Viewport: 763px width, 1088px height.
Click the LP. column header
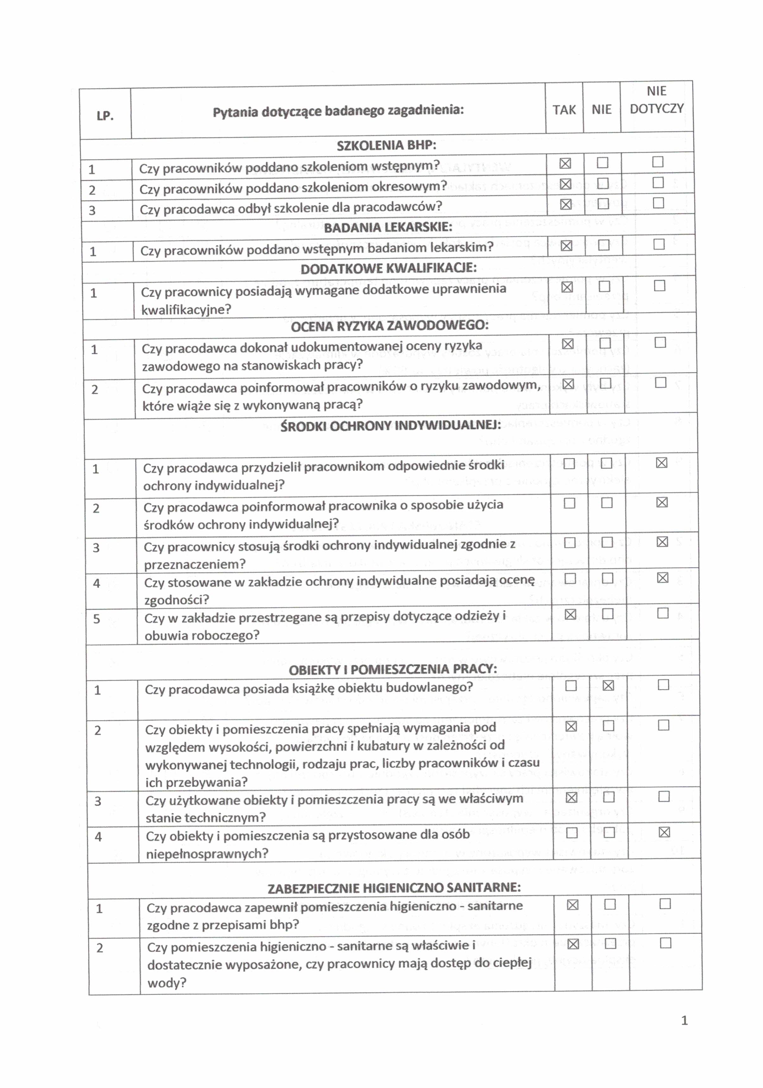(x=105, y=116)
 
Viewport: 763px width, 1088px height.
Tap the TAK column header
(x=564, y=110)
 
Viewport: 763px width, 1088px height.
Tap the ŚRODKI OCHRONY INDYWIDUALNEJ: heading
(x=390, y=425)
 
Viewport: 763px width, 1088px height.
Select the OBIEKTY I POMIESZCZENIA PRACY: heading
(x=393, y=669)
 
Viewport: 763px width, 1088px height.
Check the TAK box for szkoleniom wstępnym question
(x=565, y=163)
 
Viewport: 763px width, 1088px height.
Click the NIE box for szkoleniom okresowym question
(x=603, y=183)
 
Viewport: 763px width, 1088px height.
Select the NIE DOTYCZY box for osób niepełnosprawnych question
(x=664, y=832)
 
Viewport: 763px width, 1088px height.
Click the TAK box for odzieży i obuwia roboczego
(x=570, y=615)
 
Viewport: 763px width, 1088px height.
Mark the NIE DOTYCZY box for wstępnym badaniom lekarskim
(x=659, y=244)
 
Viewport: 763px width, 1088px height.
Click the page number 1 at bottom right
(x=684, y=1020)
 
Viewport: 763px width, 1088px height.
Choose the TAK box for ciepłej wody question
(x=573, y=944)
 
